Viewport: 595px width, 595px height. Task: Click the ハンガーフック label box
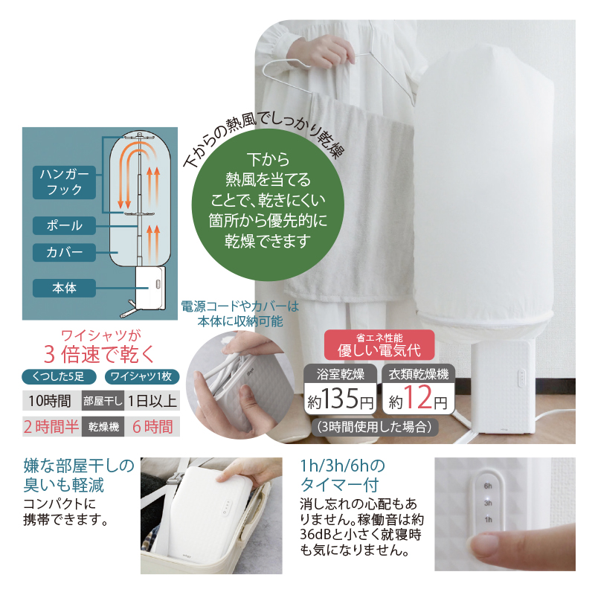coord(64,182)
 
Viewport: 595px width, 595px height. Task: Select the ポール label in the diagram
coord(64,225)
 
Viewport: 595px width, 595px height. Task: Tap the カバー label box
coord(64,252)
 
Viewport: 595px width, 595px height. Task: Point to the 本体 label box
coord(64,288)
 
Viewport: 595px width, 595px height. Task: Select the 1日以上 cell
coord(152,401)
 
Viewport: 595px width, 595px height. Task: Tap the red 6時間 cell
coord(152,427)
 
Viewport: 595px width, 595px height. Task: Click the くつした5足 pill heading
coord(59,376)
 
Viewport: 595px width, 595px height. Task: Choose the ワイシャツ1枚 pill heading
coord(141,376)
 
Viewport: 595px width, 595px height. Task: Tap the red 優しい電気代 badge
coord(379,345)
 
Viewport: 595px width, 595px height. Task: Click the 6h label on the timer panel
coord(488,486)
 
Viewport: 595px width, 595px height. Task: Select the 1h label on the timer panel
coord(488,519)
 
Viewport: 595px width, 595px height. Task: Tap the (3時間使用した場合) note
coord(374,427)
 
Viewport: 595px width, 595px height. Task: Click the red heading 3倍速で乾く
coord(100,355)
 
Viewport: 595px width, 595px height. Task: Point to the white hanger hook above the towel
coord(338,72)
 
